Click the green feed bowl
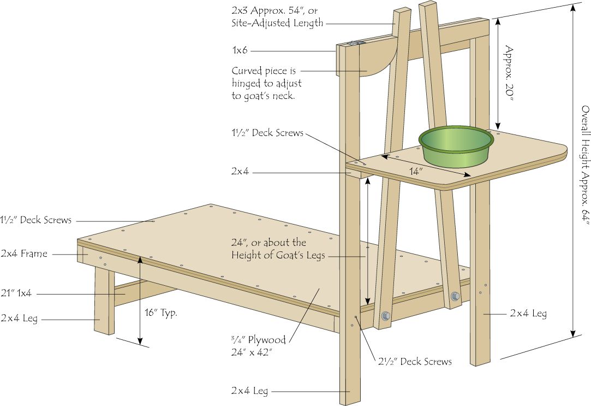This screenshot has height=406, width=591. (x=456, y=146)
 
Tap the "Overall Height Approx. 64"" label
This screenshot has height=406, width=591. (x=584, y=165)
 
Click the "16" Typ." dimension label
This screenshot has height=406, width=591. (x=161, y=313)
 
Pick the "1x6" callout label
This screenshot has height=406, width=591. (x=240, y=50)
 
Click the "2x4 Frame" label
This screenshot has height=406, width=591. (x=24, y=254)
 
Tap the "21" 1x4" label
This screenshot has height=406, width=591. (x=16, y=293)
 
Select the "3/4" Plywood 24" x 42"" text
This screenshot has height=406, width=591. (x=258, y=346)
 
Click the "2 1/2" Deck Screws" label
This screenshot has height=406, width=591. (x=415, y=362)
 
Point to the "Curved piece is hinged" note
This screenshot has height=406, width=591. (x=266, y=83)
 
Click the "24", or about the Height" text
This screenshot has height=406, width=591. (x=278, y=248)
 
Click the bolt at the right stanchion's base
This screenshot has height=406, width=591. (x=455, y=296)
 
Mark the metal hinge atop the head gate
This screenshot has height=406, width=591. (x=356, y=43)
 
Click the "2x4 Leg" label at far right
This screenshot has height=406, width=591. (x=528, y=313)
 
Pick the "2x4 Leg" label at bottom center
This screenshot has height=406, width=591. (x=249, y=391)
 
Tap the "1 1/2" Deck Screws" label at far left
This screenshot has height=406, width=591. (x=36, y=220)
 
